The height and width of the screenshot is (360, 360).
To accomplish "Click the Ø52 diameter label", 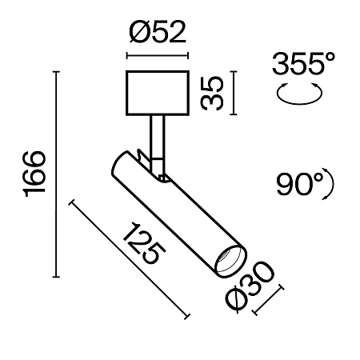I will click(x=157, y=34).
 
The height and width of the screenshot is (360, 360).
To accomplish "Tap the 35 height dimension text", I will click(x=210, y=92).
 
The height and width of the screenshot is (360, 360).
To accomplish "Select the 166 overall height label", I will click(x=35, y=172).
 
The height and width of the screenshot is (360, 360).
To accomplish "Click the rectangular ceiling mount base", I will click(x=158, y=92).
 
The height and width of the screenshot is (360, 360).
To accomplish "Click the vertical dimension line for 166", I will click(x=55, y=172).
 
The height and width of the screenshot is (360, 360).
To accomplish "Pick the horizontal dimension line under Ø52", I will click(x=158, y=56).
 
